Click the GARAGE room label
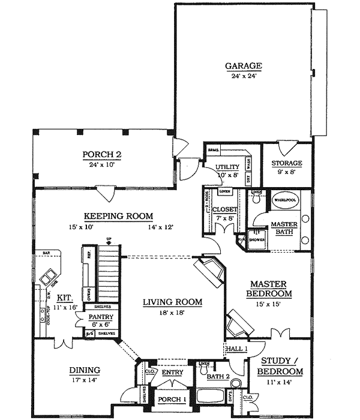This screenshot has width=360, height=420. [244, 65]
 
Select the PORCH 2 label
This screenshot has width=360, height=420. [102, 155]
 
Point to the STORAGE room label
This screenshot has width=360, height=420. [286, 163]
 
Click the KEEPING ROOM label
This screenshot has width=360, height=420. [110, 216]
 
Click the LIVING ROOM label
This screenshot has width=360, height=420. [172, 302]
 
